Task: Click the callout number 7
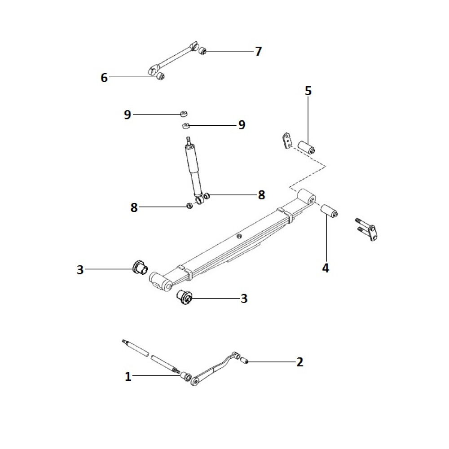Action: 258,52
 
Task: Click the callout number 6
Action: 104,78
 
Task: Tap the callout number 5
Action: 308,91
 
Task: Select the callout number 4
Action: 325,268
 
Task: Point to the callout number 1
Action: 128,376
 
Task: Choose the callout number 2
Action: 299,362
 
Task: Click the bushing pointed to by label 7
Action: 203,51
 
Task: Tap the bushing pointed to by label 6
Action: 161,76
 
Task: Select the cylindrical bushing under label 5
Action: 306,147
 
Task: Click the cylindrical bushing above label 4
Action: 329,211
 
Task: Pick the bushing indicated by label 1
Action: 186,376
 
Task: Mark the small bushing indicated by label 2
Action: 244,361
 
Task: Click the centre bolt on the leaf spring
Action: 239,236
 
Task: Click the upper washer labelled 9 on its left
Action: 184,114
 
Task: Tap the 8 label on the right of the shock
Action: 261,195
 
